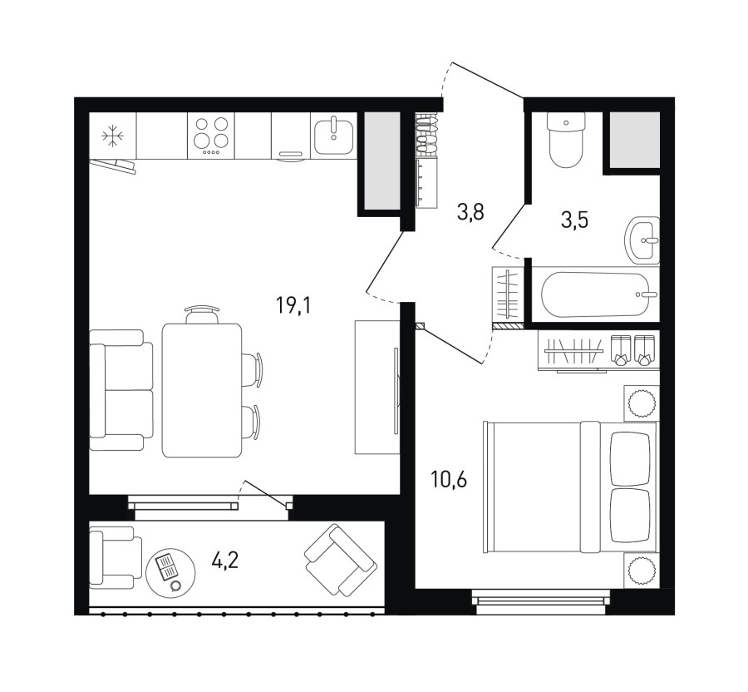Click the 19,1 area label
point(293,305)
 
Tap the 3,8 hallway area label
point(470,211)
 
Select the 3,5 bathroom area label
point(574,220)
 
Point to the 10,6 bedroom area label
point(449,480)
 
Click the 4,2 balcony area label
point(225,561)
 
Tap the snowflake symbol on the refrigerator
point(113,136)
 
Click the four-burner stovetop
point(211,136)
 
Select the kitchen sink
point(334,136)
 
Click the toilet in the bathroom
point(566,139)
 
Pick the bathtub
point(599,294)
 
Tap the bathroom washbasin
point(642,240)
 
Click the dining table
point(202,390)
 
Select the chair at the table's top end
point(203,314)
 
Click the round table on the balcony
point(170,573)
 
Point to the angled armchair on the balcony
point(341,559)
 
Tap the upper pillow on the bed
point(630,458)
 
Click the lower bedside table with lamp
point(642,571)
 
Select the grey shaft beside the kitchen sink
point(382,161)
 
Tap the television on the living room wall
point(396,391)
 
